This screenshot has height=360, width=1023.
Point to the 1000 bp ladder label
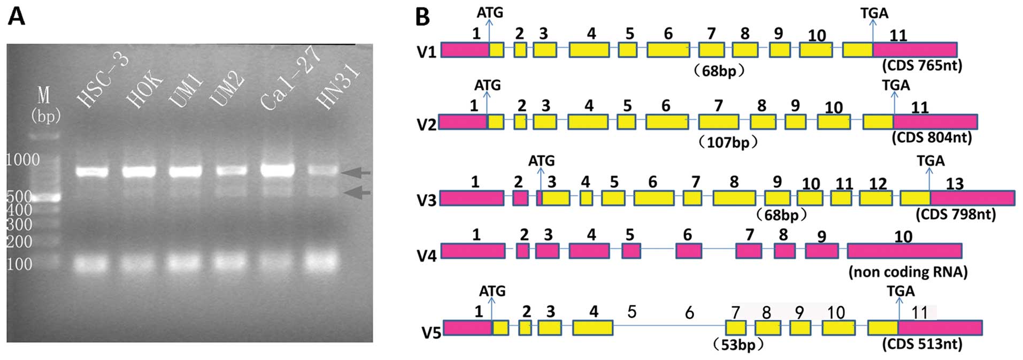22,159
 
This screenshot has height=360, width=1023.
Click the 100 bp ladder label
19,264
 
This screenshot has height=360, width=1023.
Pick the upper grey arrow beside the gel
356,172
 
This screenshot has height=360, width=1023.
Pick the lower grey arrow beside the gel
356,193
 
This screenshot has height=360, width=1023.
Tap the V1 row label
427,52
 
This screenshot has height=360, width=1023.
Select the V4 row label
427,256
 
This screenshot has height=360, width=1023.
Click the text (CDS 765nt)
921,66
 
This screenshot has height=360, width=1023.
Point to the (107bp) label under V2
728,143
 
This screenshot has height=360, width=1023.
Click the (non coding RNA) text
908,272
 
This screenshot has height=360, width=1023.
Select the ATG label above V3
541,160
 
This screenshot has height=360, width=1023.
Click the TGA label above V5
901,291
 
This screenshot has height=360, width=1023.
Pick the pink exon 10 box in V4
904,250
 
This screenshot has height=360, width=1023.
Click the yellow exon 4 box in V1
589,50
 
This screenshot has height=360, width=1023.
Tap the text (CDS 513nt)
922,344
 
